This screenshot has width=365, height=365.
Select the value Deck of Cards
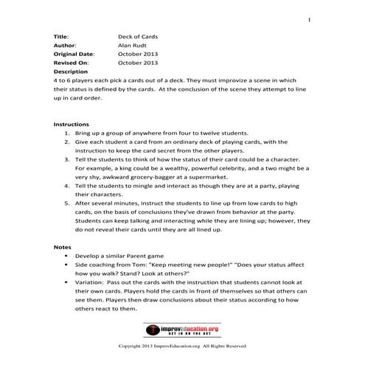(138, 35)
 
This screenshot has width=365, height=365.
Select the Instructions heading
(72, 125)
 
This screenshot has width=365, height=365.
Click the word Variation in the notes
(89, 281)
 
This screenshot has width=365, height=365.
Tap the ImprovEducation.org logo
(182, 330)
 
